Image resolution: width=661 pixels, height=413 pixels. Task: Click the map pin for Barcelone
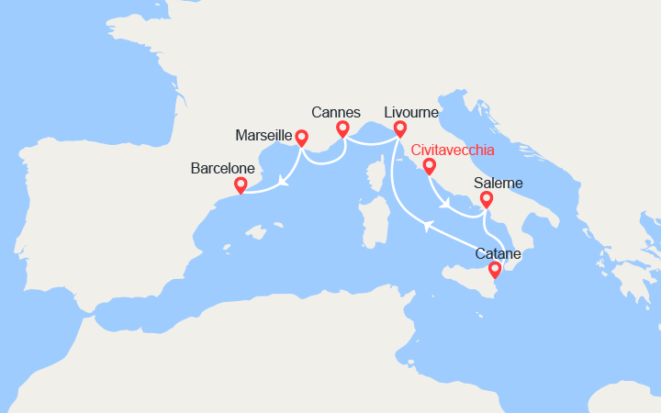pyautogui.click(x=241, y=185)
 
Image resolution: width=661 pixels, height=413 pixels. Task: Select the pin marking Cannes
pyautogui.click(x=342, y=128)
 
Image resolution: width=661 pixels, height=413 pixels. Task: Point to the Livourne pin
pyautogui.click(x=399, y=128)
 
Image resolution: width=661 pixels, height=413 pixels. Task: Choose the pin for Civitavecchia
pyautogui.click(x=429, y=166)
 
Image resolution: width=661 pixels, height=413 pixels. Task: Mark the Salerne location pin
pyautogui.click(x=486, y=199)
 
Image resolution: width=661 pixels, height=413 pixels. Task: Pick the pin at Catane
pyautogui.click(x=495, y=269)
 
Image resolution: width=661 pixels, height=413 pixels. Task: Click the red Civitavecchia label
pyautogui.click(x=452, y=150)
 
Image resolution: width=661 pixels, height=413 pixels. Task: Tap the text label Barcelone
pyautogui.click(x=221, y=169)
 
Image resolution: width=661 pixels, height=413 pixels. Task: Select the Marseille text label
pyautogui.click(x=263, y=136)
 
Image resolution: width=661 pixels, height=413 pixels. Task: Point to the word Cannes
pyautogui.click(x=335, y=112)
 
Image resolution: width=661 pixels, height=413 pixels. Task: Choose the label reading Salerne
pyautogui.click(x=499, y=184)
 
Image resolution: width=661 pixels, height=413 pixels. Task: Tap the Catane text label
pyautogui.click(x=498, y=253)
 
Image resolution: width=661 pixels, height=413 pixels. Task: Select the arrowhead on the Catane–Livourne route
pyautogui.click(x=427, y=225)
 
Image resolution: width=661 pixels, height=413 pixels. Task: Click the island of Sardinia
pyautogui.click(x=373, y=218)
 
